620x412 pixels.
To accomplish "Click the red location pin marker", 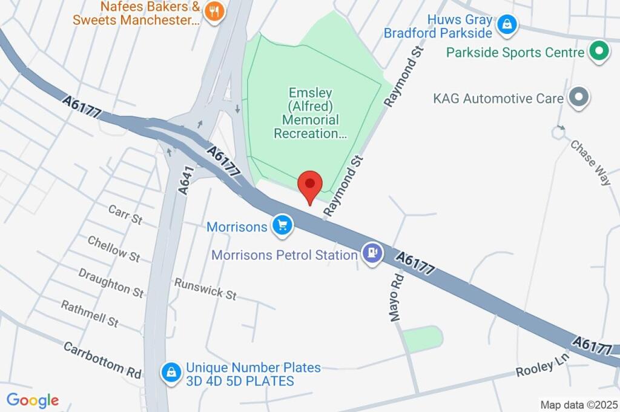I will point(311,184).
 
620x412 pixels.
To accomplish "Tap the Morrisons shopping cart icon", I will point(282,226).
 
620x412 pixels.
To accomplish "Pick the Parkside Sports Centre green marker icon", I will point(599,51).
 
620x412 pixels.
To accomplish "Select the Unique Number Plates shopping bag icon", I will point(172,373).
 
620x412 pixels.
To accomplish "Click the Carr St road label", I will point(125,214).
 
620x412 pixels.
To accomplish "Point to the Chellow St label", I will point(114,248).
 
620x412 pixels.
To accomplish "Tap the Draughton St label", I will point(111,282).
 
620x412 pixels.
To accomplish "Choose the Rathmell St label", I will point(90,313).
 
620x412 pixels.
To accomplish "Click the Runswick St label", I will point(205,289).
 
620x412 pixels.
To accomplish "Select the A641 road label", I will point(186,181).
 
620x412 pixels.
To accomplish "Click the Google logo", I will point(33,400).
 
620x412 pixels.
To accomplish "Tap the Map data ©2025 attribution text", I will point(579,404).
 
